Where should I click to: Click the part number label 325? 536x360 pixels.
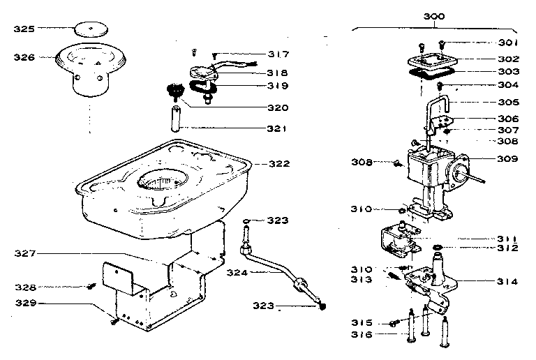click(24, 29)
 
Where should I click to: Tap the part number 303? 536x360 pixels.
click(508, 72)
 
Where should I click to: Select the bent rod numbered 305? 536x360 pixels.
click(438, 112)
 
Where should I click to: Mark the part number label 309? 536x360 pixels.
click(508, 158)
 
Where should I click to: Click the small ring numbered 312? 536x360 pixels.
click(438, 248)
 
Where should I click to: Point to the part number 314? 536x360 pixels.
click(508, 282)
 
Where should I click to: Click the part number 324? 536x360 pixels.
click(237, 272)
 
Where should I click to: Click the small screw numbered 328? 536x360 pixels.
click(91, 285)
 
